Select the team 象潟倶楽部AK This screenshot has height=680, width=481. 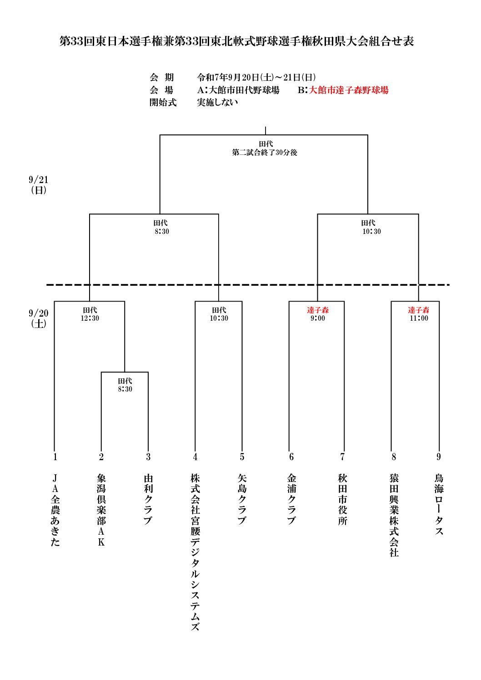coord(101,510)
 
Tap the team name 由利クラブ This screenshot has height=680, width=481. coord(148,500)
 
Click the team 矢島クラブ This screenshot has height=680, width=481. coord(242,500)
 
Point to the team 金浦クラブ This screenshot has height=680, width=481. coord(291,500)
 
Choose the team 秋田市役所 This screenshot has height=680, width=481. coord(342,500)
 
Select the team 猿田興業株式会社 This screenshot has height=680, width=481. coord(394,516)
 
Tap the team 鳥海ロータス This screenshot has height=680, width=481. coord(439,505)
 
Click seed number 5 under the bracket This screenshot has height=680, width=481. coord(242,457)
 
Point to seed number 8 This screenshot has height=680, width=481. coord(394,457)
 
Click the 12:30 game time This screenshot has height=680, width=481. coord(90,318)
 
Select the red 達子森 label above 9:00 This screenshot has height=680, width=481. coord(318,310)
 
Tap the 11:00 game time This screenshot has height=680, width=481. coord(419,318)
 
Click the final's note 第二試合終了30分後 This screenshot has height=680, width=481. coord(265,152)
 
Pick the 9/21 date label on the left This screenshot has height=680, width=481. coord(39,180)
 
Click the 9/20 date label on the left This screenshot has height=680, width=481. coord(39,313)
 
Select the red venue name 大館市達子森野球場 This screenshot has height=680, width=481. coord(349,90)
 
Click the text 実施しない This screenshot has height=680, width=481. coord(217,102)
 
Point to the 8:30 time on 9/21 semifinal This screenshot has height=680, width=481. coord(162,231)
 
